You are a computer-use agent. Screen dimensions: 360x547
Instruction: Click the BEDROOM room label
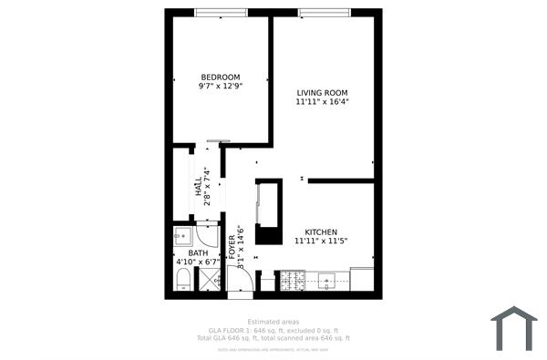(220, 77)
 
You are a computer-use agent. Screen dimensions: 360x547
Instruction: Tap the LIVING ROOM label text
(322, 93)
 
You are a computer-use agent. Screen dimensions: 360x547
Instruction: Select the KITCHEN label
(322, 231)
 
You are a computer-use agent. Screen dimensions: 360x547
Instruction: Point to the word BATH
(198, 253)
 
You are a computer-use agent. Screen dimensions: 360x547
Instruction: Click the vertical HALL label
(198, 186)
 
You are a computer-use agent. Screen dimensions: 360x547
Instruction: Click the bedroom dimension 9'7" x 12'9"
(220, 87)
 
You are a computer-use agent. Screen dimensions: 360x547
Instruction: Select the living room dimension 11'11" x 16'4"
(322, 102)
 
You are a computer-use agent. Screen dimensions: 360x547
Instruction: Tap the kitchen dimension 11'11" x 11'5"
(322, 242)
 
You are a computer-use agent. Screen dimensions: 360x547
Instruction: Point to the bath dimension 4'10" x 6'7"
(198, 262)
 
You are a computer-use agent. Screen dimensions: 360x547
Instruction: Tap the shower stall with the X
(209, 281)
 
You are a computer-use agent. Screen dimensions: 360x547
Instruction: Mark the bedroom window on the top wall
(222, 12)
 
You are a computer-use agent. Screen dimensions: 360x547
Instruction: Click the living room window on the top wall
(326, 12)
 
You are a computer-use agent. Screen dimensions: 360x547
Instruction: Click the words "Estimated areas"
(273, 321)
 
